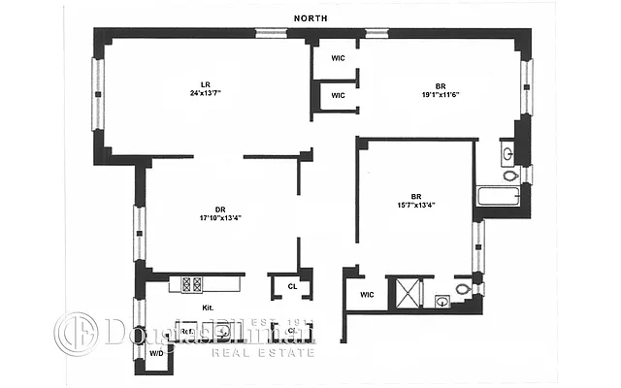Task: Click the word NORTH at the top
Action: (310, 18)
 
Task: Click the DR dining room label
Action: (206, 208)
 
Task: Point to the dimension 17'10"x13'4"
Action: (220, 217)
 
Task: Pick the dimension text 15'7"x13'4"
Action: (414, 204)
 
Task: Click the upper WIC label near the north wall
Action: (338, 58)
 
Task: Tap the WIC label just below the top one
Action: (338, 95)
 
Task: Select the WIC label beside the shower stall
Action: (367, 294)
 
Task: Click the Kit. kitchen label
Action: (207, 307)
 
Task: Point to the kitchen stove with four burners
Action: (191, 284)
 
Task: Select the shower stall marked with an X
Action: (406, 293)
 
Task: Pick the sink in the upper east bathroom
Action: (508, 152)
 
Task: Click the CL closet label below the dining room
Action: (292, 286)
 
